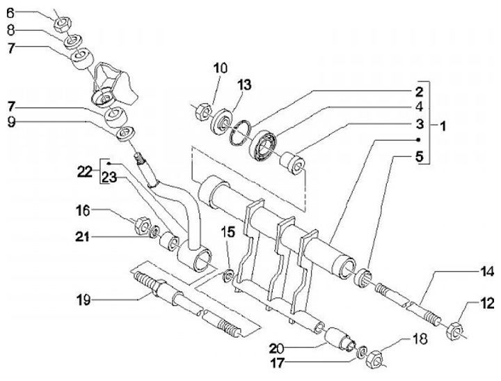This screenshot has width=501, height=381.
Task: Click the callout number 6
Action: (10, 14)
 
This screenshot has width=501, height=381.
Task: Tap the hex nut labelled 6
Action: (63, 24)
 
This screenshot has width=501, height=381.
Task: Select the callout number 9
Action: (11, 123)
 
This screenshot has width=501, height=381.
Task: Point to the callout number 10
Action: (221, 68)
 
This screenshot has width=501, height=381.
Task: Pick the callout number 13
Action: (244, 85)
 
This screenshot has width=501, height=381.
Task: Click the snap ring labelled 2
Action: (240, 133)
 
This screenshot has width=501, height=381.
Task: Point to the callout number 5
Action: (420, 157)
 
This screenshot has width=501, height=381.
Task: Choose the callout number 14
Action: (486, 272)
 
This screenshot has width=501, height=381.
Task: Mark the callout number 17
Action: (278, 363)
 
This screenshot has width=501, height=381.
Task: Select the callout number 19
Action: (83, 300)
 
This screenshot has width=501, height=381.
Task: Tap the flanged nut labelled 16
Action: (141, 225)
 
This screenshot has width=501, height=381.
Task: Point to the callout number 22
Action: (85, 172)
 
